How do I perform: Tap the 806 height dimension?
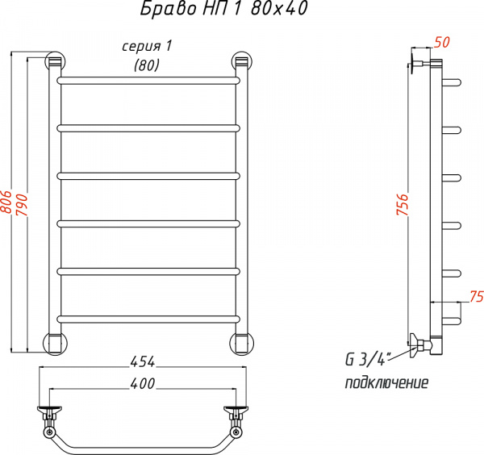point(6,202)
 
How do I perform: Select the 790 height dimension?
point(23,202)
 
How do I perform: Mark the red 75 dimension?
point(474,294)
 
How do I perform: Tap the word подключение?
point(386,382)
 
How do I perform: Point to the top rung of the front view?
point(148,81)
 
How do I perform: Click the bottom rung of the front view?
point(148,317)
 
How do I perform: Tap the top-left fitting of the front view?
point(55,62)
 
